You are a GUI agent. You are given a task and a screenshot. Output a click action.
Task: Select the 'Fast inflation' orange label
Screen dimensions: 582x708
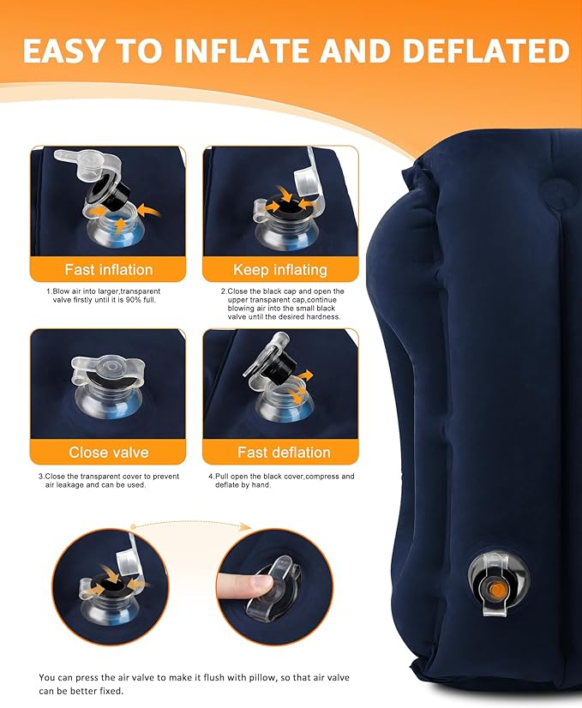(108, 269)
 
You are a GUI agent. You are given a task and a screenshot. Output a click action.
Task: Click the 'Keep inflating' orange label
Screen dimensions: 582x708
(280, 269)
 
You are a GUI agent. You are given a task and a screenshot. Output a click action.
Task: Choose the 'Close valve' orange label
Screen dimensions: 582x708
(108, 452)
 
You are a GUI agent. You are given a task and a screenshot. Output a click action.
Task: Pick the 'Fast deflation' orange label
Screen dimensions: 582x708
(284, 452)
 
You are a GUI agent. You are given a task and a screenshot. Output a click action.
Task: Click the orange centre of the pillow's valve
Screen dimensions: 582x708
(497, 589)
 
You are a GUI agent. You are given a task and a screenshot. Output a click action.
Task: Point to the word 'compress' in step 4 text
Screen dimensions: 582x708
(322, 477)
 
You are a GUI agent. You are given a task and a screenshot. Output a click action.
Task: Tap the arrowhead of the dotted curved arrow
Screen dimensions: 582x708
(245, 526)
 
